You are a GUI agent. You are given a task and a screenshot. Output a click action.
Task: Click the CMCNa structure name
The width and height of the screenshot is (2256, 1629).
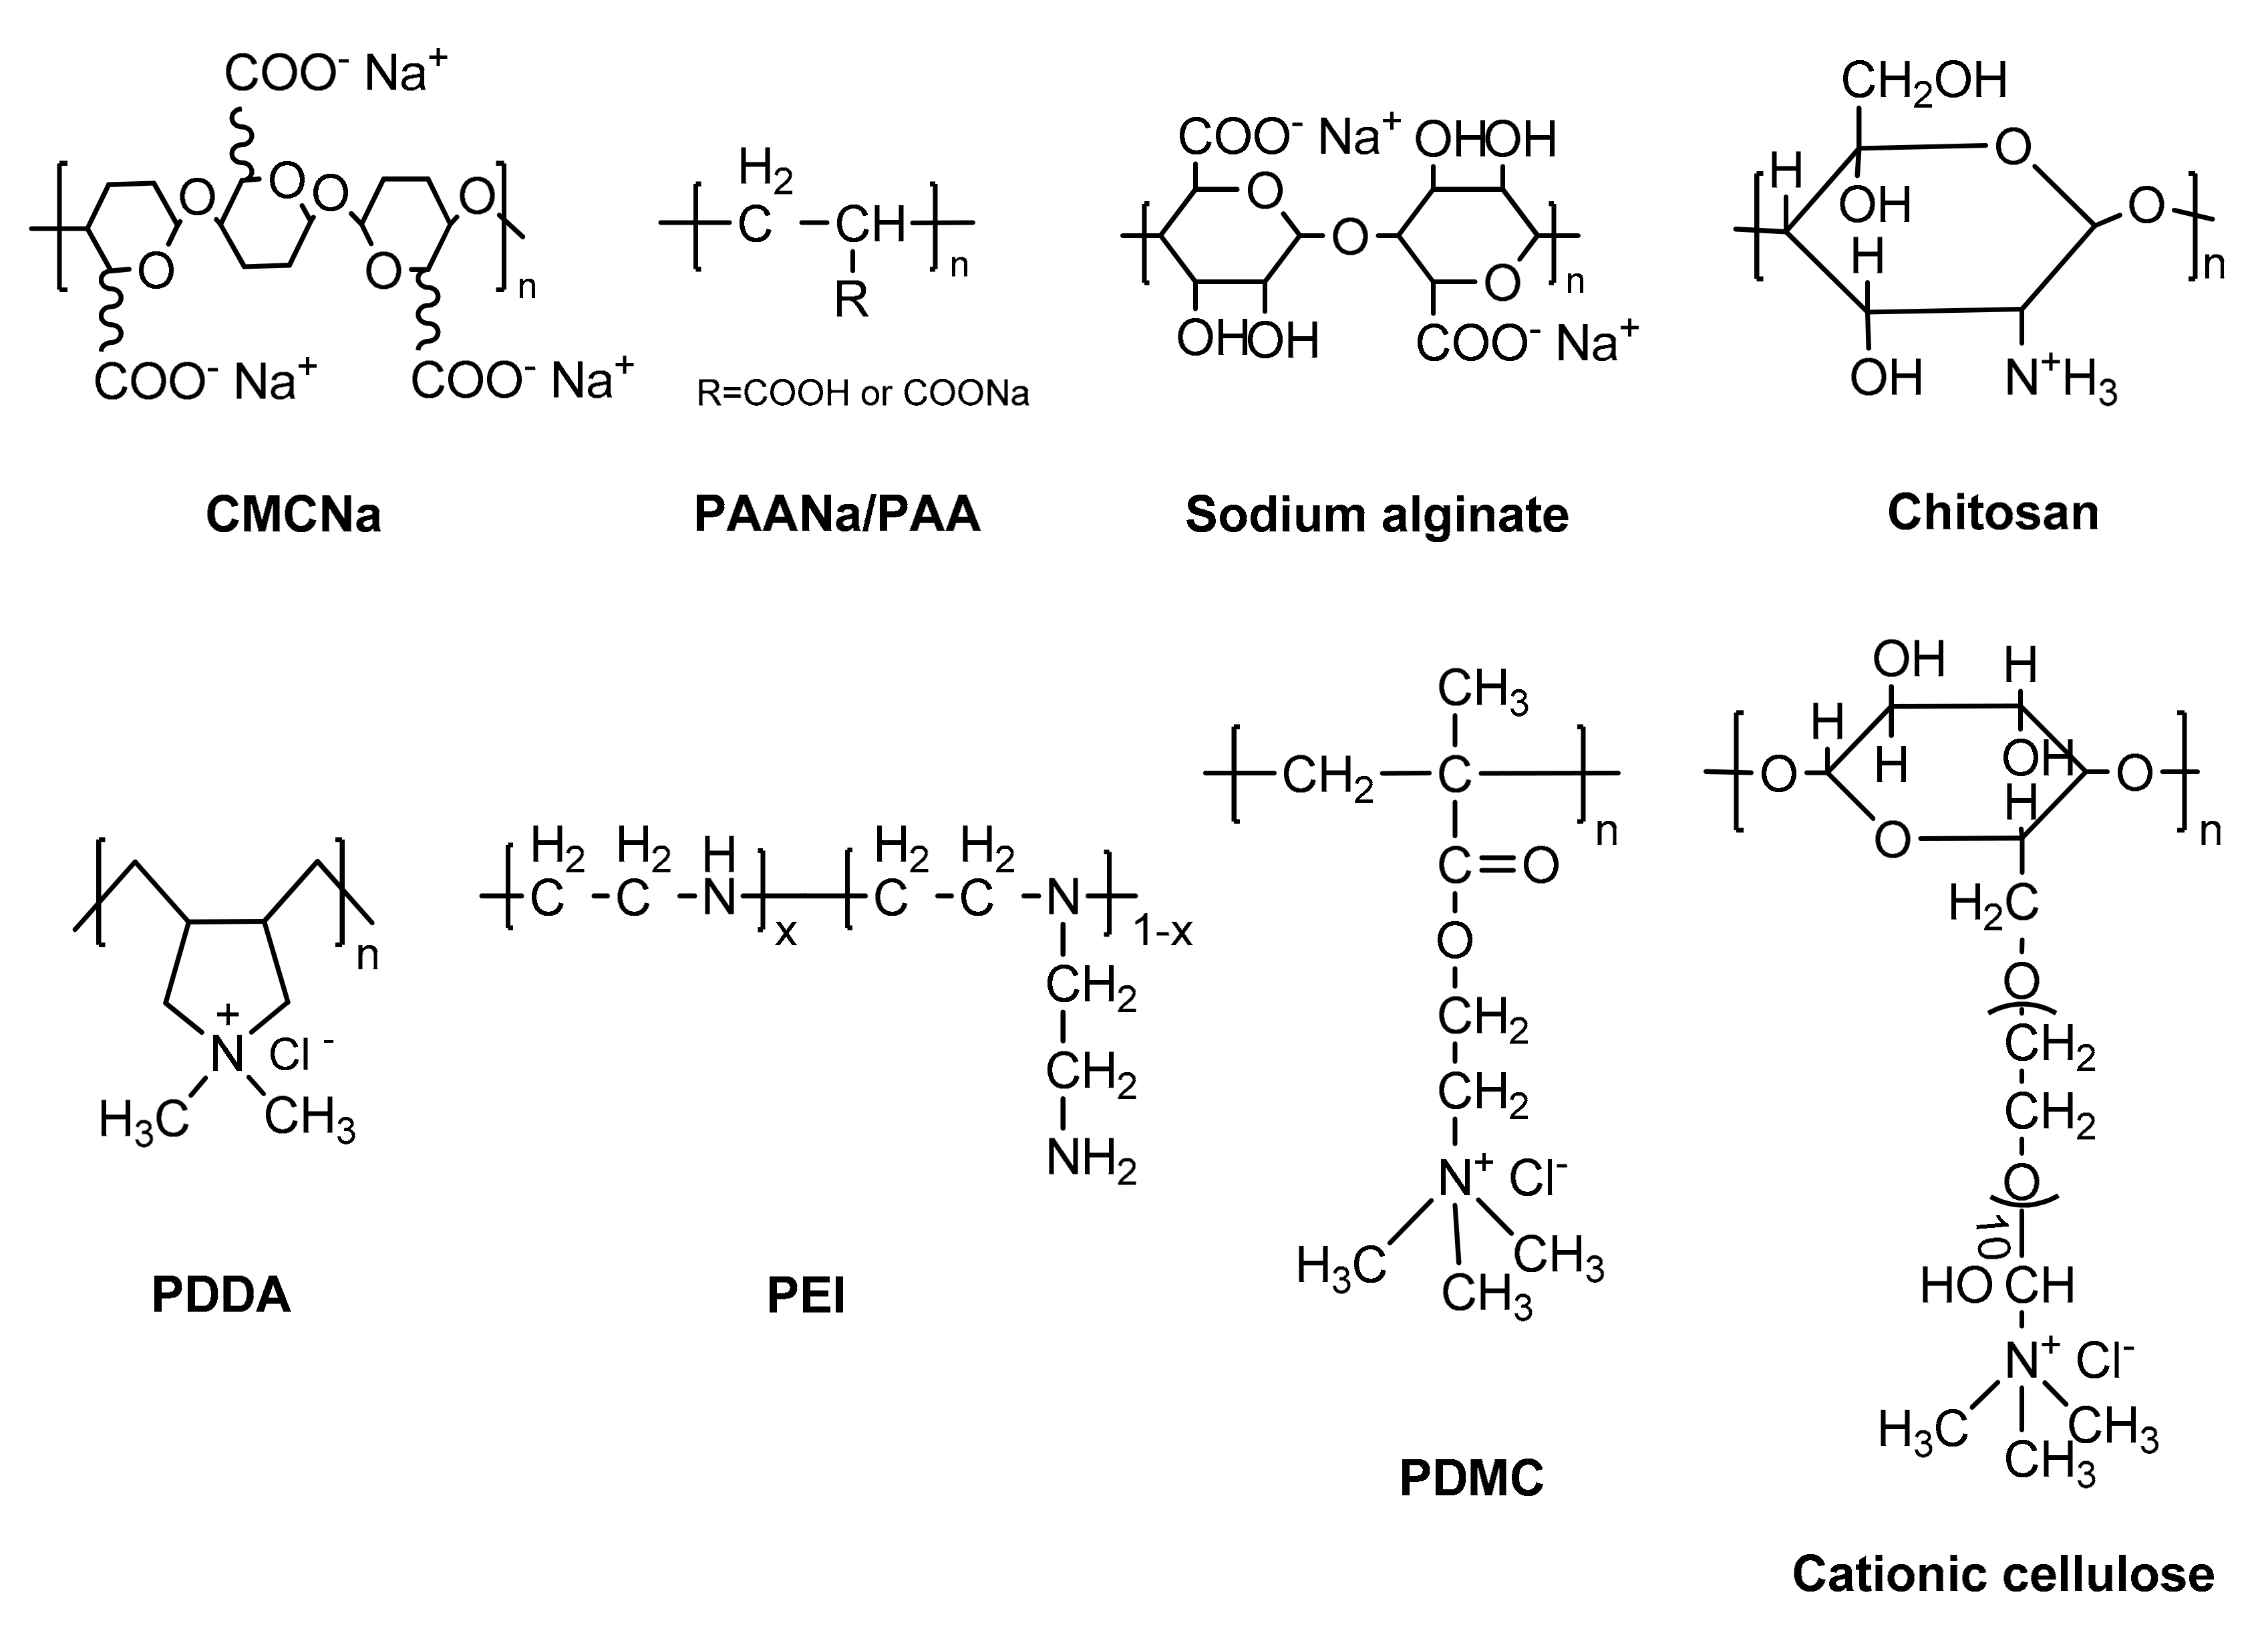tap(293, 515)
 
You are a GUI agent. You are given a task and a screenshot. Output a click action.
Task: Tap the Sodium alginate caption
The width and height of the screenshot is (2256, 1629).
tap(1377, 515)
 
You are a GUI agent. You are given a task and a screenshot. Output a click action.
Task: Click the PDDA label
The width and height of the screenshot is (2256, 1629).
tap(221, 1295)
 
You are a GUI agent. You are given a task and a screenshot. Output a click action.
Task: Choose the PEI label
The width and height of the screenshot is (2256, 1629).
tap(806, 1295)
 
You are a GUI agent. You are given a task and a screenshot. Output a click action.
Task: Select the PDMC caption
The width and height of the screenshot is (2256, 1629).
tap(1471, 1478)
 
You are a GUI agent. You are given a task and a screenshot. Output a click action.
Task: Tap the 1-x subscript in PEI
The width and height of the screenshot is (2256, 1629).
tap(1163, 931)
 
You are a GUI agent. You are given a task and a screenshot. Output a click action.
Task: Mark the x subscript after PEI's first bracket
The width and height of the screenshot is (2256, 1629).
tap(786, 932)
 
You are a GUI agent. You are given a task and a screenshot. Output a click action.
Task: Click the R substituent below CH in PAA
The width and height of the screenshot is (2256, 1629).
tap(852, 299)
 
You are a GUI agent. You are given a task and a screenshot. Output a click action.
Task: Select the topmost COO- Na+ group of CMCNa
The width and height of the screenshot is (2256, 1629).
tap(335, 74)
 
